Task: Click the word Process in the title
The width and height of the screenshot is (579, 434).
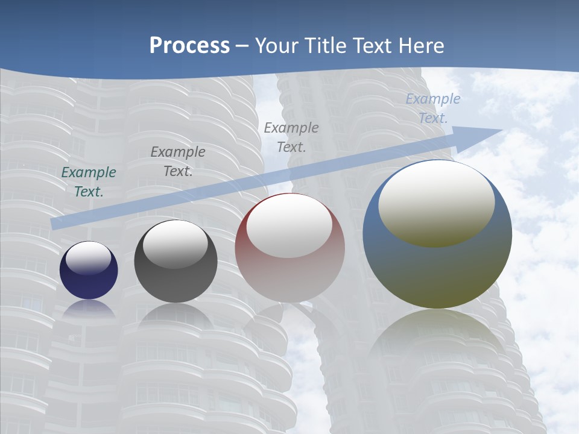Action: tap(189, 46)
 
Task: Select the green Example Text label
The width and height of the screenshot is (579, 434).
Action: tap(89, 182)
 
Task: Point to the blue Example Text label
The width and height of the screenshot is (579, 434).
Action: tap(432, 108)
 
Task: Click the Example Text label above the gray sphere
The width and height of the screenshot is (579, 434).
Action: tap(177, 162)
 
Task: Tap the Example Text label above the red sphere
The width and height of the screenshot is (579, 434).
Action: tap(291, 137)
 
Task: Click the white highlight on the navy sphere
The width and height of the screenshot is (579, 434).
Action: tap(89, 258)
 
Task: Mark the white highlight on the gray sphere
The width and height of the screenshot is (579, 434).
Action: tap(176, 244)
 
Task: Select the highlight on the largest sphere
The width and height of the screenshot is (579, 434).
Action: tap(437, 204)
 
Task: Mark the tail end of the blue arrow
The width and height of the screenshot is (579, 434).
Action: tap(54, 224)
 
